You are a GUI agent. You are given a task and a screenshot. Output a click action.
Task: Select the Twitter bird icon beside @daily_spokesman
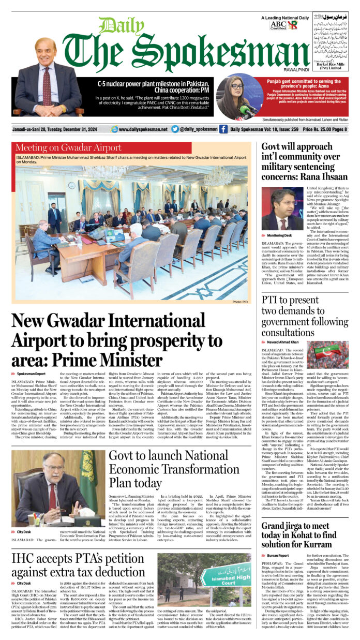175,129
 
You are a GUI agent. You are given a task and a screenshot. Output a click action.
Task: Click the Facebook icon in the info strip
223,129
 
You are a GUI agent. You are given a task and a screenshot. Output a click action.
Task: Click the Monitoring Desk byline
279,235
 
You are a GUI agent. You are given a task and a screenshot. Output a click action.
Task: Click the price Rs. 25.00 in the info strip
322,129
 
